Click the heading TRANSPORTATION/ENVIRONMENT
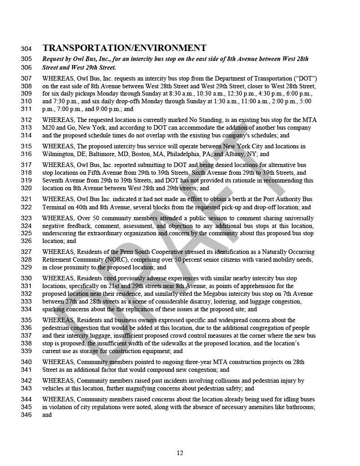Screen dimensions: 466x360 coord(124,48)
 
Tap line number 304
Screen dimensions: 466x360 coord(26,49)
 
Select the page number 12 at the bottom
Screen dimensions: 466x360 coord(180,452)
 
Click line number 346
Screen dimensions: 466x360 coord(26,415)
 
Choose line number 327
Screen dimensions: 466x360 coord(26,252)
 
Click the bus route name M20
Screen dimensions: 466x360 coord(49,128)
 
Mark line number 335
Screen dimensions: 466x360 coord(26,320)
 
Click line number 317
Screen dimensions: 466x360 coord(26,165)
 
